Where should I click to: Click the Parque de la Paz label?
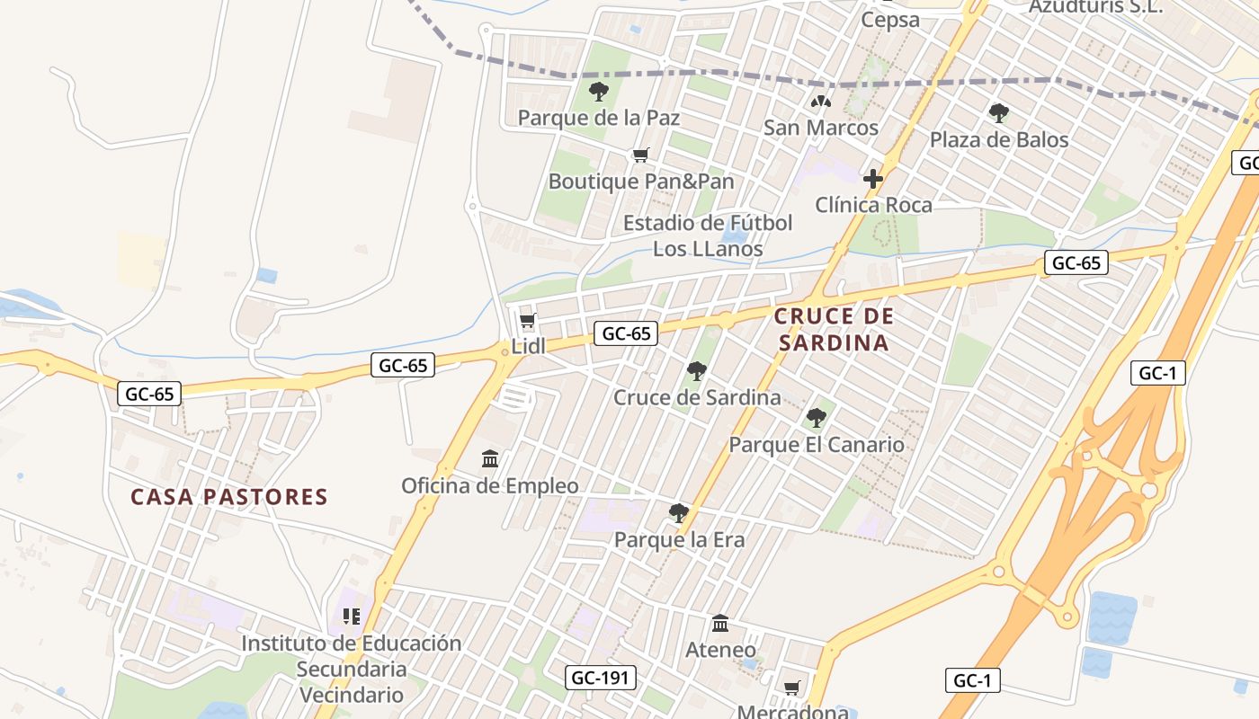pyautogui.click(x=599, y=118)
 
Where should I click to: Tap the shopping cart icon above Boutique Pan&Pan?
pyautogui.click(x=641, y=155)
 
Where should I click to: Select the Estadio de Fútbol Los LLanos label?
pyautogui.click(x=708, y=235)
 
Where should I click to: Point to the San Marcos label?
pyautogui.click(x=821, y=128)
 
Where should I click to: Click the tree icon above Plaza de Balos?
pyautogui.click(x=998, y=113)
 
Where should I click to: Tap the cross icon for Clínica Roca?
pyautogui.click(x=872, y=179)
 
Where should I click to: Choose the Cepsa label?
pyautogui.click(x=890, y=20)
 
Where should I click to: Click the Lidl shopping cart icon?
pyautogui.click(x=528, y=321)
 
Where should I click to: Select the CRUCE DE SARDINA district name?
pyautogui.click(x=834, y=329)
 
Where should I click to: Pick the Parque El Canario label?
pyautogui.click(x=817, y=445)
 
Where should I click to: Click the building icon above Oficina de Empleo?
pyautogui.click(x=490, y=459)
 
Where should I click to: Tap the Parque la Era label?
pyautogui.click(x=679, y=540)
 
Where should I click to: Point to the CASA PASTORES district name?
pyautogui.click(x=229, y=497)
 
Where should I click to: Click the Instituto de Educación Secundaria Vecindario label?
pyautogui.click(x=351, y=669)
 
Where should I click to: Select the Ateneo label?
pyautogui.click(x=720, y=649)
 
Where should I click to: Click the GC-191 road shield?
pyautogui.click(x=601, y=678)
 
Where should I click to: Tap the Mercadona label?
pyautogui.click(x=793, y=712)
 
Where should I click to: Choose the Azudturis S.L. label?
pyautogui.click(x=1095, y=6)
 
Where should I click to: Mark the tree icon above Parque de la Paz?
pyautogui.click(x=599, y=91)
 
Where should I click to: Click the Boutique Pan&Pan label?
pyautogui.click(x=641, y=182)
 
